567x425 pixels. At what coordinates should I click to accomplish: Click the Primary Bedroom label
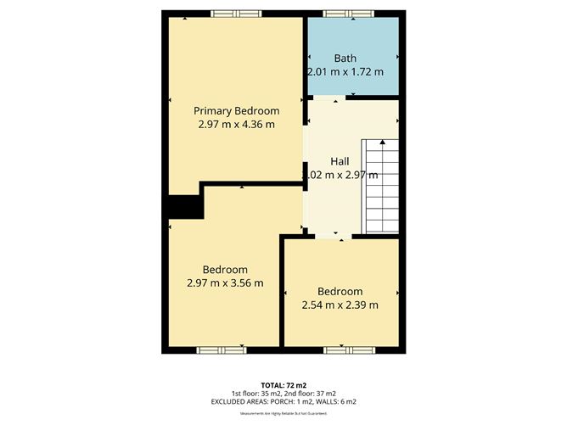236,111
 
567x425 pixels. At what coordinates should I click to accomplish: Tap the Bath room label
345,59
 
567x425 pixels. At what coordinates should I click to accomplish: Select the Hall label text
340,161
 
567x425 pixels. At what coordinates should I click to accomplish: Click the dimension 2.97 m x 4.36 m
236,125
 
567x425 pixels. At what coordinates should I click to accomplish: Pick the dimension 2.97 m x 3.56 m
225,283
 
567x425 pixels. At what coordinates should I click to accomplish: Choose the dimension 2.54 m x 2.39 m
340,305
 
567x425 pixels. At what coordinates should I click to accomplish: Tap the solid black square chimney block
183,207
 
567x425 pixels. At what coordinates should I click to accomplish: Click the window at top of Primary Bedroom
236,13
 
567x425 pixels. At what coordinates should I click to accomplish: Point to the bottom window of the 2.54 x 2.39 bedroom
347,349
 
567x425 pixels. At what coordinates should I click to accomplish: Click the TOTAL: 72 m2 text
283,385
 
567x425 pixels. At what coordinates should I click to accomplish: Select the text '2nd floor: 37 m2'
313,394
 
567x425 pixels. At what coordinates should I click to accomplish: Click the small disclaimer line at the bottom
283,413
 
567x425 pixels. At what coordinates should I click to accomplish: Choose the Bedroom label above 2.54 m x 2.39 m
340,292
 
